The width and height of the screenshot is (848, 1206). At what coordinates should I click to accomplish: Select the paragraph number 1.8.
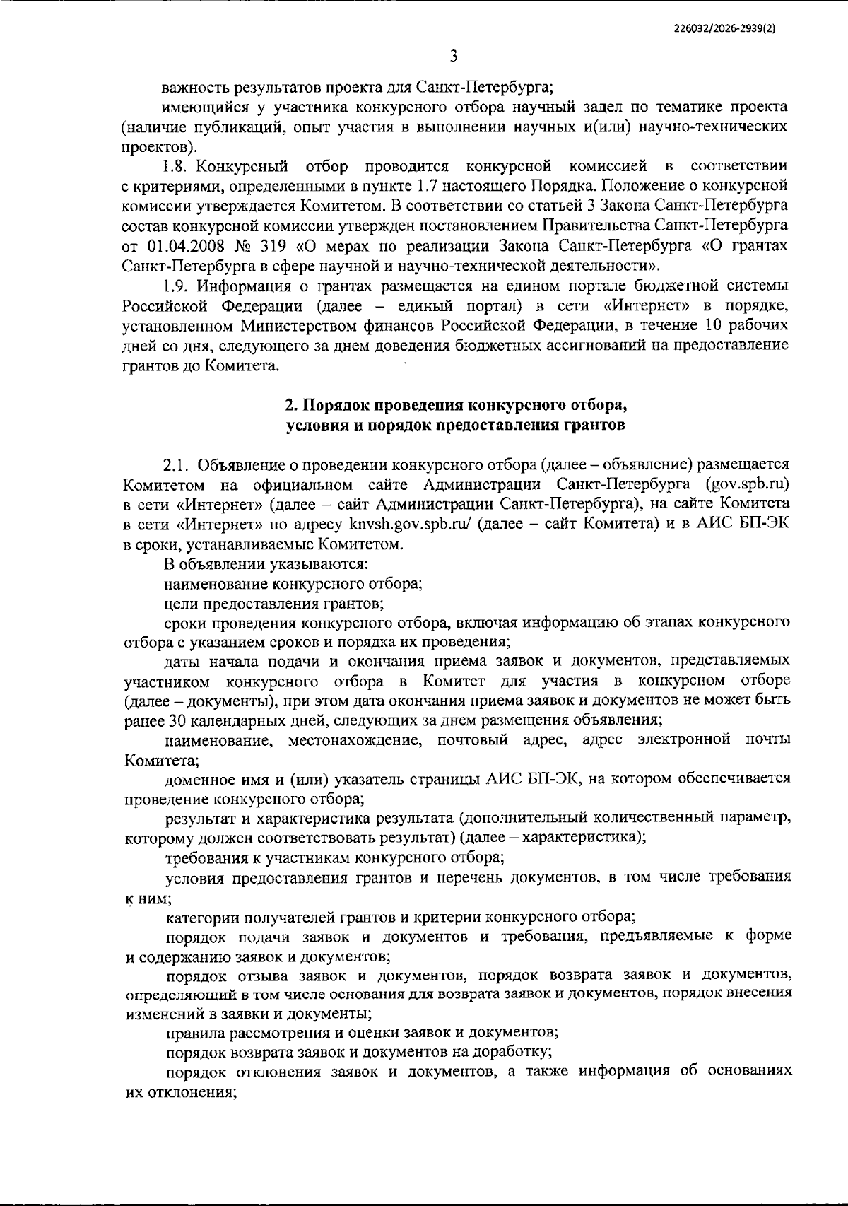click(x=174, y=166)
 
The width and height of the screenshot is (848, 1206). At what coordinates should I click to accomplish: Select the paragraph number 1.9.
click(x=175, y=286)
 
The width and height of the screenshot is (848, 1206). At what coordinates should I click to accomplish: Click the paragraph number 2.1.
click(x=175, y=464)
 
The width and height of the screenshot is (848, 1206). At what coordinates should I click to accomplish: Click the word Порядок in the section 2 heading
click(x=338, y=406)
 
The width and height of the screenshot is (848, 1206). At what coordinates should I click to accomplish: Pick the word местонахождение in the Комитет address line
click(x=354, y=740)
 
